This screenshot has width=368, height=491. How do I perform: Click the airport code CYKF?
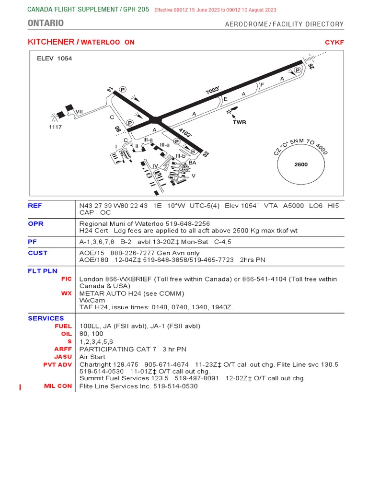334,42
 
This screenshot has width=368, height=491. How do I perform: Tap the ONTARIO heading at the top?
46,23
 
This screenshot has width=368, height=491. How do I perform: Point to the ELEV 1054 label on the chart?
55,58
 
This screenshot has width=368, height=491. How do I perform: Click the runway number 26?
311,66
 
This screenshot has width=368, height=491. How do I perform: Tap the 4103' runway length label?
185,132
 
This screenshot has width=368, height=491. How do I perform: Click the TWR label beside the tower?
239,122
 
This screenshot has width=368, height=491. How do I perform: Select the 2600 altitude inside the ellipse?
301,164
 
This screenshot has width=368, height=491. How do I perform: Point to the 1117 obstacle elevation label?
56,127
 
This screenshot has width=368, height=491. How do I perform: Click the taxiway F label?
262,85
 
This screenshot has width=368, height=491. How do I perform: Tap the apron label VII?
79,111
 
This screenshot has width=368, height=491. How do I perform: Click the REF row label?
35,206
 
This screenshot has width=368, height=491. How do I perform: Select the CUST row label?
38,253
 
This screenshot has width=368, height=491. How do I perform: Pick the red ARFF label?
63,349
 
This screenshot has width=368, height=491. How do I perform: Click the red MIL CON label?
57,386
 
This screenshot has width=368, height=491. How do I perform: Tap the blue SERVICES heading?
46,318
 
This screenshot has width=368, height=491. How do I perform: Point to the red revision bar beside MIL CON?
20,387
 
